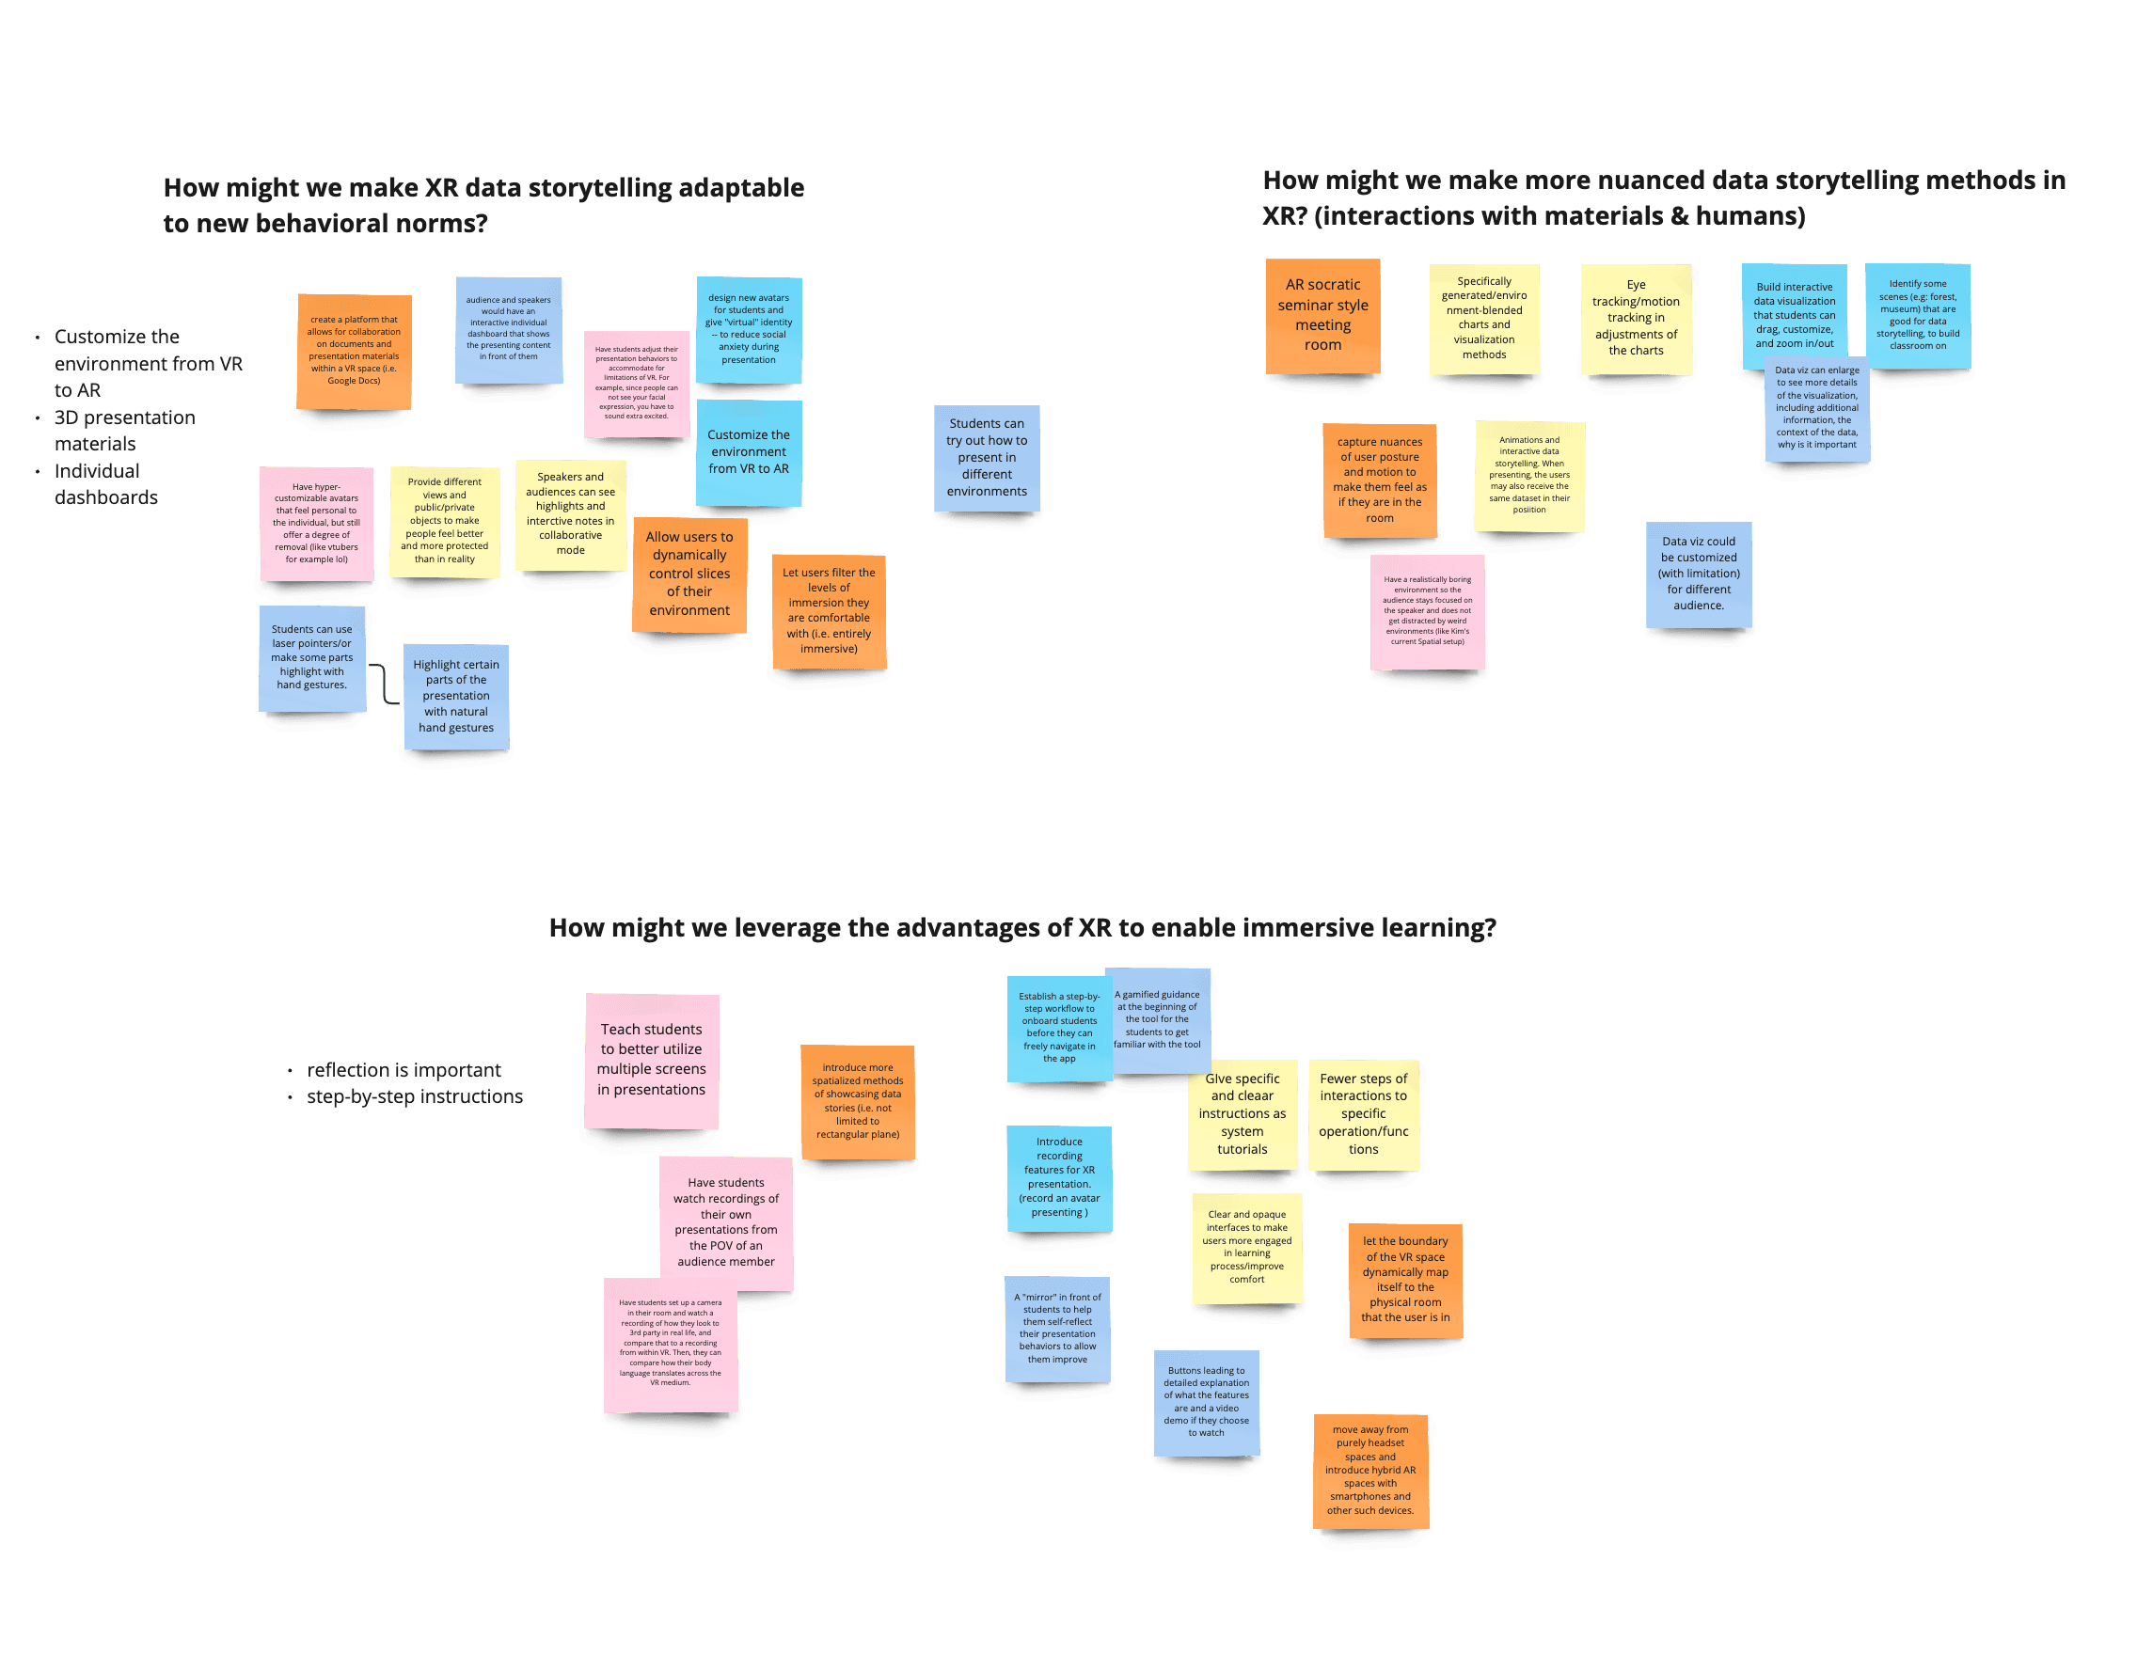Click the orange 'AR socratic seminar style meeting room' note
click(x=1322, y=315)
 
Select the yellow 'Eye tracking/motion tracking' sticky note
click(x=1636, y=318)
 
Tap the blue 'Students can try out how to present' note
click(x=987, y=458)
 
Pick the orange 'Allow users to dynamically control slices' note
click(x=689, y=575)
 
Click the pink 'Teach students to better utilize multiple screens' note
click(x=652, y=1061)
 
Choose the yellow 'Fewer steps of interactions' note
click(x=1363, y=1114)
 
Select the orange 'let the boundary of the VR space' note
click(x=1405, y=1280)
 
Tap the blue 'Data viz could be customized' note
click(x=1699, y=575)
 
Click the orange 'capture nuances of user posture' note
click(x=1380, y=480)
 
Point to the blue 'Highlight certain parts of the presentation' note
click(x=456, y=697)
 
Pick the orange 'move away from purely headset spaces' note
click(x=1369, y=1470)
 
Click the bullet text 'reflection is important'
click(x=404, y=1070)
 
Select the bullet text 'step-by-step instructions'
click(x=415, y=1096)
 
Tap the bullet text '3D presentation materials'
click(x=124, y=431)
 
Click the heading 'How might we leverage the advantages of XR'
click(x=1021, y=927)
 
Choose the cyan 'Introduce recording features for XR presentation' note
click(x=1059, y=1177)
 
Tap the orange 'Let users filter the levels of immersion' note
click(x=829, y=611)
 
